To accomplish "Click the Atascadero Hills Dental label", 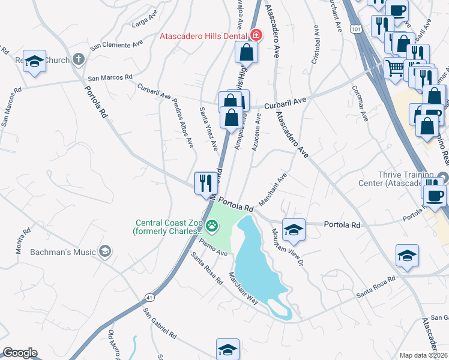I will click(x=204, y=35).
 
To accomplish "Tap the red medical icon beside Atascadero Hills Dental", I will click(x=256, y=35).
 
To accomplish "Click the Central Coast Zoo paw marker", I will click(x=212, y=226).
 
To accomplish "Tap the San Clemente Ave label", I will click(x=116, y=44).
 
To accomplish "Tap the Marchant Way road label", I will click(x=243, y=288).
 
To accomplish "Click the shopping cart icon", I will click(x=394, y=67).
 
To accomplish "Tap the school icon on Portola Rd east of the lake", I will click(x=294, y=229).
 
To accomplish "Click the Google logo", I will click(x=20, y=353).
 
